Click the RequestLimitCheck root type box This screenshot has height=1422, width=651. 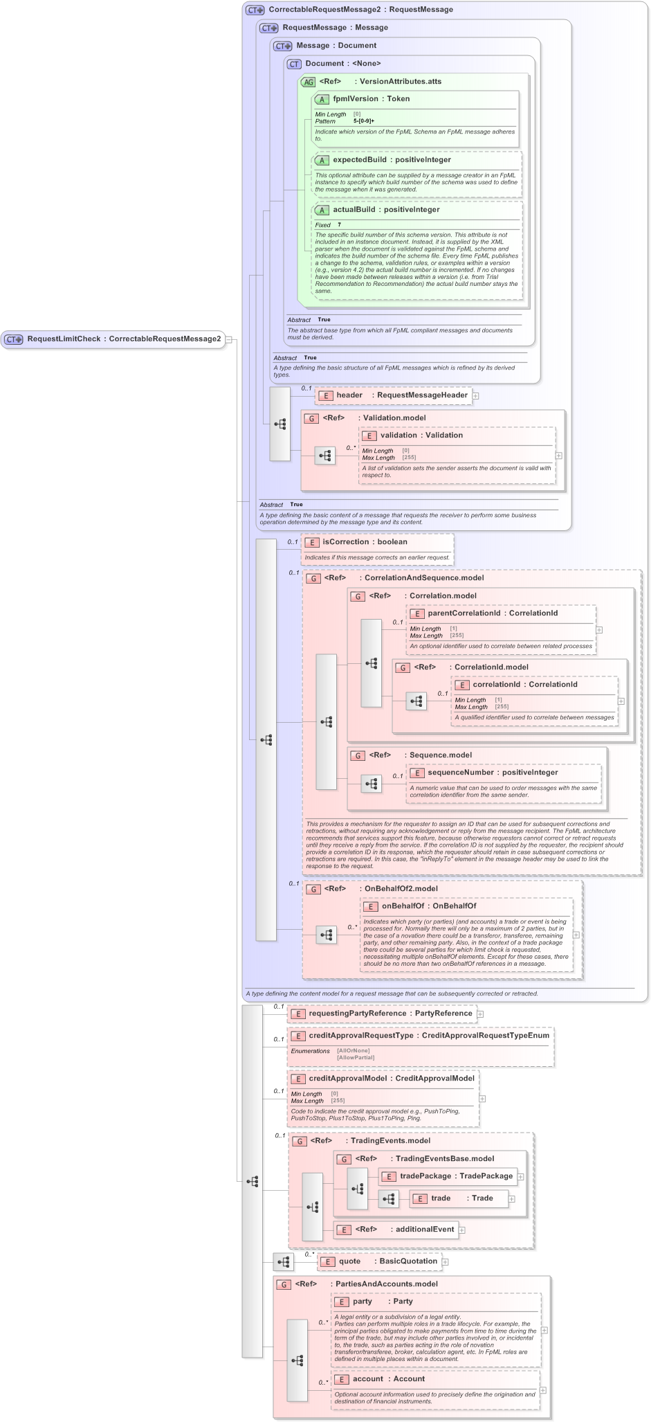pos(113,339)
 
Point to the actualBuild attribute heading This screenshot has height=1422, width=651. pos(354,210)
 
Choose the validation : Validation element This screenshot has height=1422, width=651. pos(421,435)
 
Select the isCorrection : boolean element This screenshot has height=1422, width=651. pos(365,542)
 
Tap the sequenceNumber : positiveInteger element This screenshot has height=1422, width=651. pos(493,773)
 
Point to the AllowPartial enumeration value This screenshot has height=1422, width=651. pos(356,1058)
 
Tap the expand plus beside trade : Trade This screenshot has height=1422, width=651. pos(512,1199)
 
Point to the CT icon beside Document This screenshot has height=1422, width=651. pos(294,64)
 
